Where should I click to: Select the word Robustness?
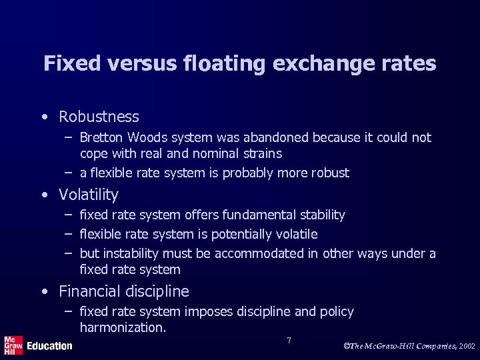click(x=99, y=117)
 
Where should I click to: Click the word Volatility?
click(x=89, y=195)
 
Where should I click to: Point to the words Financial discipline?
click(x=124, y=291)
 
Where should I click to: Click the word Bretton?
click(x=100, y=138)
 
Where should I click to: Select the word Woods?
click(x=148, y=138)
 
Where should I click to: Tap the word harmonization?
click(x=123, y=327)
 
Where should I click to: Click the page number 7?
click(x=289, y=341)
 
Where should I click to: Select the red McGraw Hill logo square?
click(x=13, y=345)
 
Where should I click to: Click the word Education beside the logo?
click(x=50, y=346)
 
